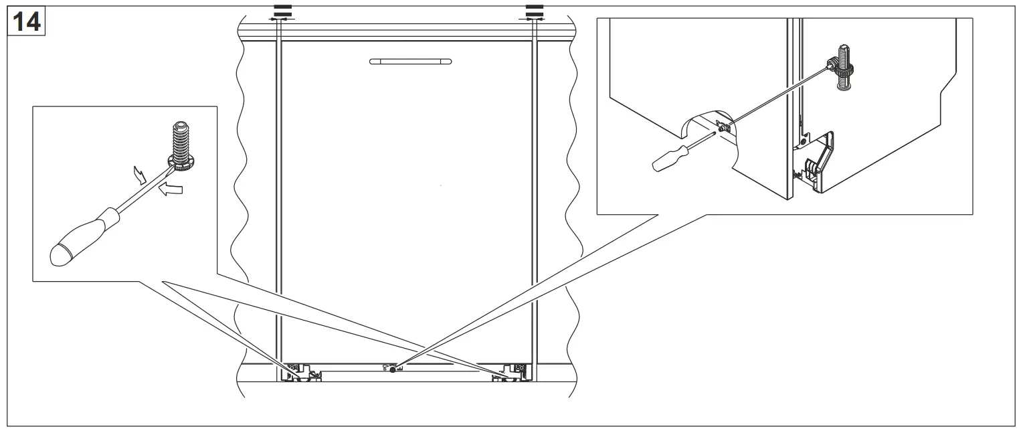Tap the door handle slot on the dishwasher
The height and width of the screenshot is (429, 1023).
click(x=410, y=62)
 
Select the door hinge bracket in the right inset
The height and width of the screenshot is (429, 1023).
click(x=818, y=162)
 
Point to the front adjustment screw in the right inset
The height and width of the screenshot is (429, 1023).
click(x=723, y=126)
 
